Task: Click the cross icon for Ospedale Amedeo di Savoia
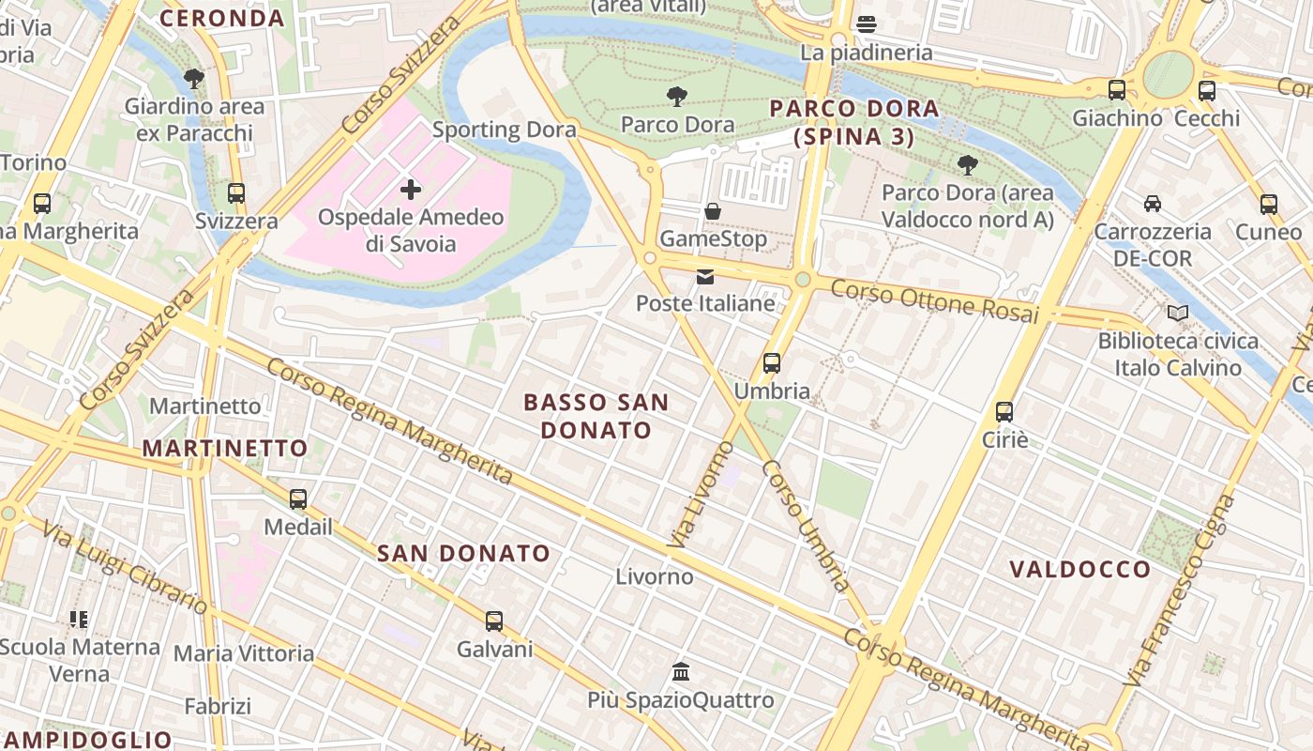410,190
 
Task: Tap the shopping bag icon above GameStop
713,211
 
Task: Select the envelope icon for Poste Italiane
705,277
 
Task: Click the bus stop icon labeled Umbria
772,363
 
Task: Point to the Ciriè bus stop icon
1004,411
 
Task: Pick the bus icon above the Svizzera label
236,193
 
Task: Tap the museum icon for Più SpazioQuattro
682,672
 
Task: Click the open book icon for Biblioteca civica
1178,313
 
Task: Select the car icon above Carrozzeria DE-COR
1153,204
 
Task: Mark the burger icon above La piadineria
867,24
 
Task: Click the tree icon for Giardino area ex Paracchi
194,79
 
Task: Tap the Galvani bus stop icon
494,621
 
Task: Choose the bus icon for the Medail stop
298,499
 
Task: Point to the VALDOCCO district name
1079,569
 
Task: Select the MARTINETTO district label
225,448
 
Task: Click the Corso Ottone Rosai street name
935,300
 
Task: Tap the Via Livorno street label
701,495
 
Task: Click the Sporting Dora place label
504,130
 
